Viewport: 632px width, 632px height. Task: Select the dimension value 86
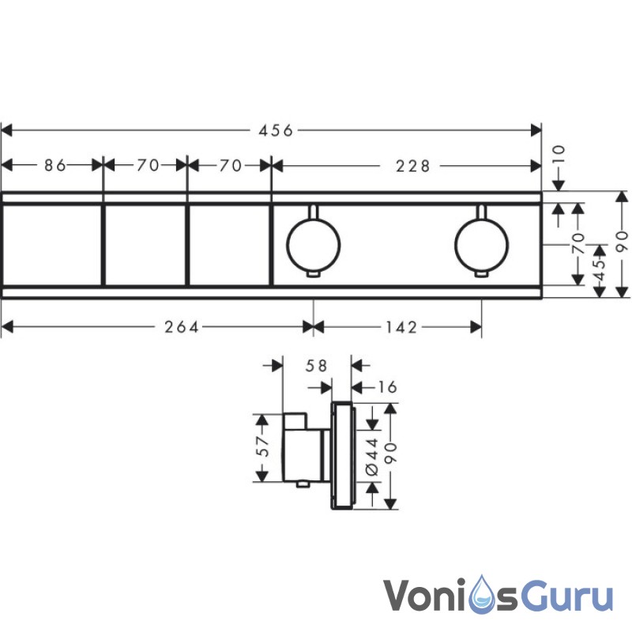tap(54, 165)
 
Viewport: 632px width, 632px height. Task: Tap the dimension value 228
tap(413, 165)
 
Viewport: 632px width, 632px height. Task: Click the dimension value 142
tap(401, 327)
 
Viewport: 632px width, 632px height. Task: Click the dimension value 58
tap(316, 365)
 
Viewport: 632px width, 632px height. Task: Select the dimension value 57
tap(266, 448)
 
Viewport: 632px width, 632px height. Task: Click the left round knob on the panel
tap(314, 243)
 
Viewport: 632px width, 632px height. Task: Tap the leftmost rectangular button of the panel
tap(52, 243)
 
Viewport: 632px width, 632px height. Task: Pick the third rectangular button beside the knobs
tap(229, 243)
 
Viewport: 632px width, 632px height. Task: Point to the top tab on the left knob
tap(314, 212)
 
